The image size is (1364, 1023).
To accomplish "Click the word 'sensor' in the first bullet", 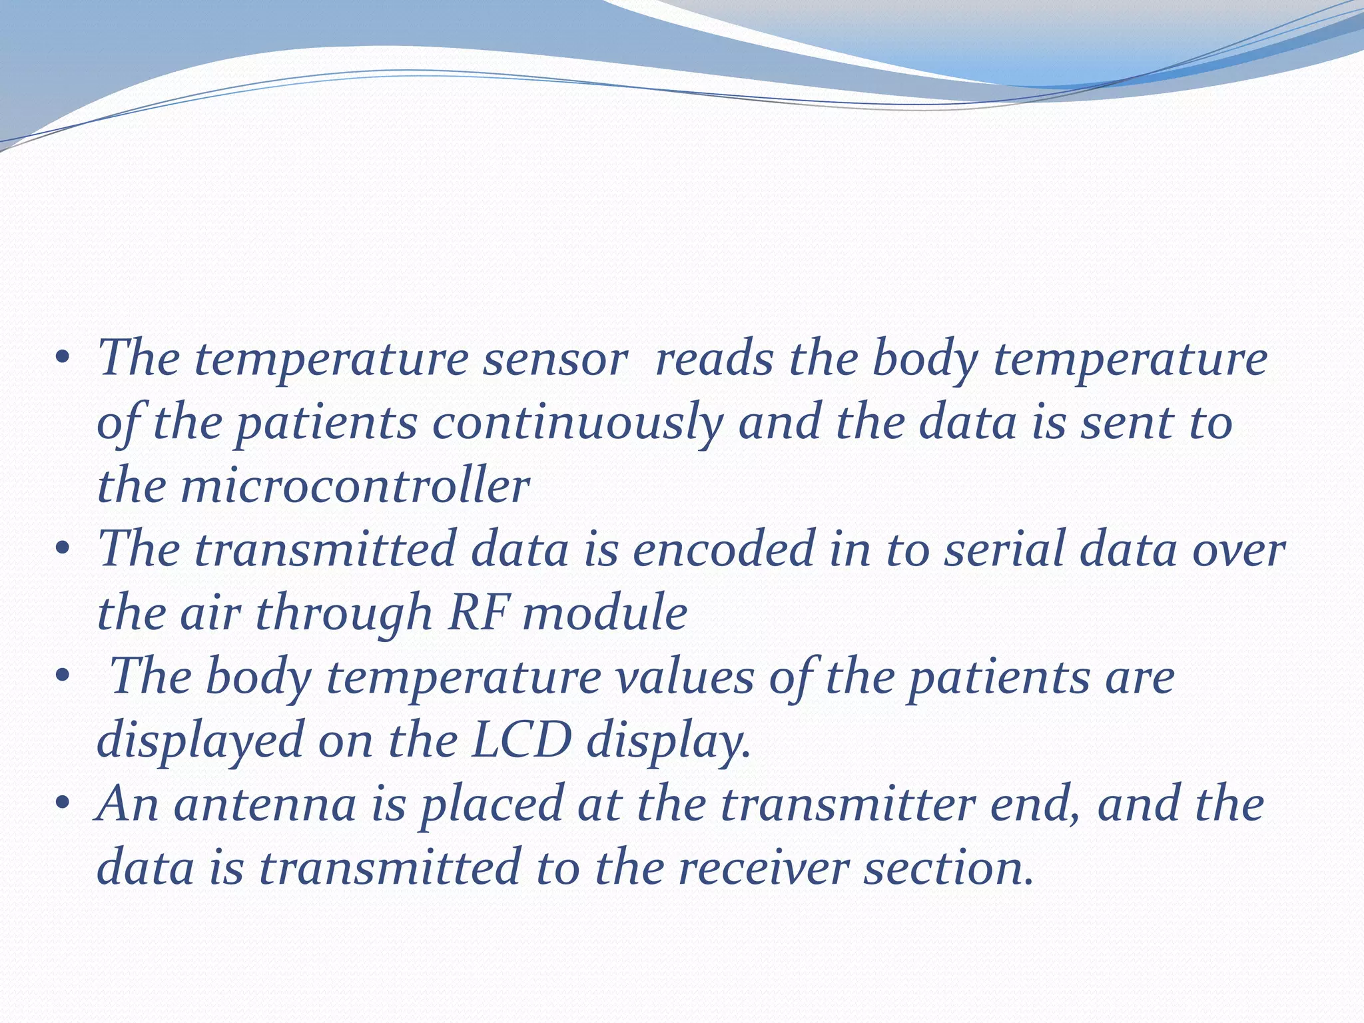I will [555, 360].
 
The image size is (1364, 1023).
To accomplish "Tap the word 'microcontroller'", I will [354, 486].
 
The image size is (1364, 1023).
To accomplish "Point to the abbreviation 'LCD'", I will [521, 741].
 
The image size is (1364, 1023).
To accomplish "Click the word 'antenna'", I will [265, 805].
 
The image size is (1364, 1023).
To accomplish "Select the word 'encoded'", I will [723, 550].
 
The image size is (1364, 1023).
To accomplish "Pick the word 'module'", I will [605, 613].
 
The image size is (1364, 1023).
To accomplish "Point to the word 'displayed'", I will [200, 741].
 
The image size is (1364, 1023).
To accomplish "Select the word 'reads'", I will [714, 360].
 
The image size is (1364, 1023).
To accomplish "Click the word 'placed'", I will [492, 805].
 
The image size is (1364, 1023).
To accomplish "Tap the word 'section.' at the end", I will [949, 868].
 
